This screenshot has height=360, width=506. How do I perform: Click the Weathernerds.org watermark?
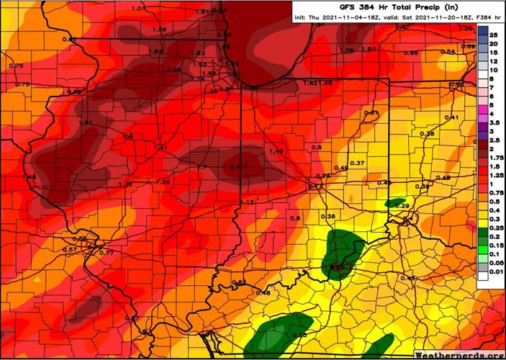tap(458, 354)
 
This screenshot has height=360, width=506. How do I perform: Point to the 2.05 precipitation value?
tap(173, 70)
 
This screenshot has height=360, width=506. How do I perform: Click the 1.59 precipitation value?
tap(160, 29)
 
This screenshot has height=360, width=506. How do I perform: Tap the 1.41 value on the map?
tap(161, 148)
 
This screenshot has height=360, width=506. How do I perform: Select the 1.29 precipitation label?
tap(163, 182)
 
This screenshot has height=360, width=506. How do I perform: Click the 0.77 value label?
tap(106, 253)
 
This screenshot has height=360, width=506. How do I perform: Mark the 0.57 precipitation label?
tap(70, 249)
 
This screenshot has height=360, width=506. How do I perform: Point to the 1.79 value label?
tap(346, 50)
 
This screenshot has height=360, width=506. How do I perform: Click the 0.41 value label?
tap(451, 117)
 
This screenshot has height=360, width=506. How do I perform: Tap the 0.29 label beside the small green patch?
tap(402, 207)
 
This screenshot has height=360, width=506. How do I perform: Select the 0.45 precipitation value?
tap(408, 278)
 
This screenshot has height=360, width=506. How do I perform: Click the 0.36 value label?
tap(328, 217)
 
